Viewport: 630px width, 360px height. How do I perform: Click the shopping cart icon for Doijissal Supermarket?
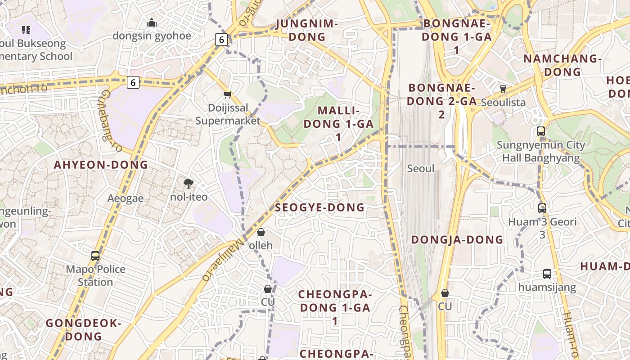227,94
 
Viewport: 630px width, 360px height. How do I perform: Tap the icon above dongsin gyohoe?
152,22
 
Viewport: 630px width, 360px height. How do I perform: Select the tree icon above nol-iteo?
189,183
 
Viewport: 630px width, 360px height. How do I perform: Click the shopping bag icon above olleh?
261,232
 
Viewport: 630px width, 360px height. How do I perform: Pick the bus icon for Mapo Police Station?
95,256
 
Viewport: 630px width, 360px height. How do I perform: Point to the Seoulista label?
503,102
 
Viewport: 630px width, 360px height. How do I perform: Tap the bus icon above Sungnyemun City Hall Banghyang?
541,131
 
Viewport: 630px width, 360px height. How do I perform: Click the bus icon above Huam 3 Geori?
542,208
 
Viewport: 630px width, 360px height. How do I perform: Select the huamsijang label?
547,287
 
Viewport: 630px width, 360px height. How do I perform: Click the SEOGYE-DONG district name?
319,207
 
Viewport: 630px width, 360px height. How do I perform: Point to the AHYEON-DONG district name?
101,165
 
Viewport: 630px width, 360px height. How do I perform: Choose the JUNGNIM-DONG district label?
307,30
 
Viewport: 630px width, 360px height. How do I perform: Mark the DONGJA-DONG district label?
457,239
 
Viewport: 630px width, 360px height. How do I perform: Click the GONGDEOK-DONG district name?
84,329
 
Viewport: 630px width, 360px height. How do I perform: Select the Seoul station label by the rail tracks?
421,169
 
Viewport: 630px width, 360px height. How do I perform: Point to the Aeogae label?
126,198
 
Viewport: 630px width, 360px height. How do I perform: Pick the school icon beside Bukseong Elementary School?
26,30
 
